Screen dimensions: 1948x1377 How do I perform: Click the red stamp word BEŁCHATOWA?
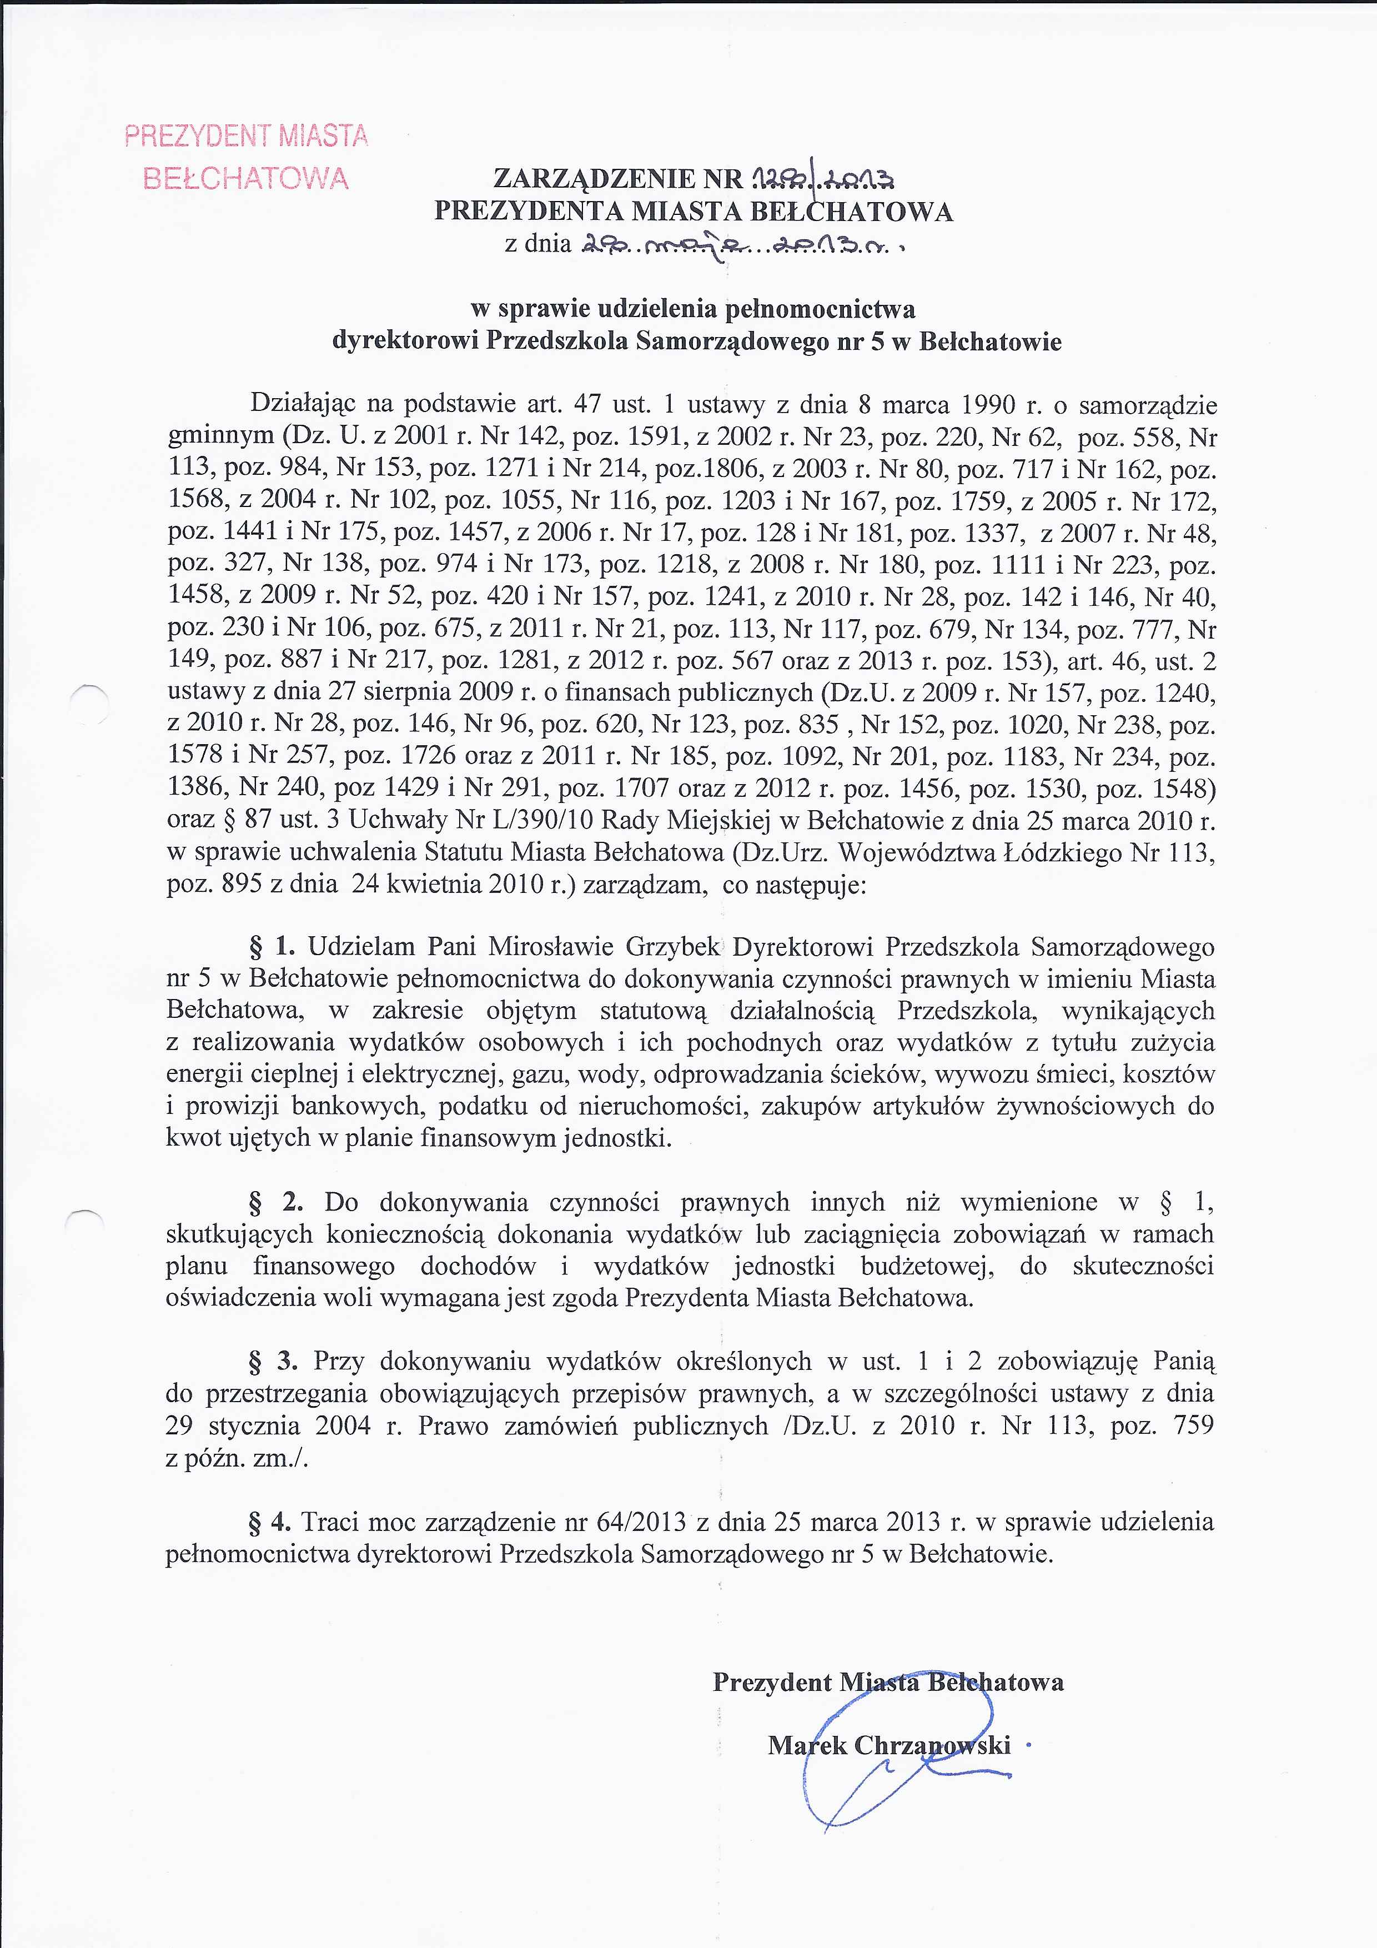click(x=246, y=178)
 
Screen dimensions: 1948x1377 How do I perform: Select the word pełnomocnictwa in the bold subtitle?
click(x=820, y=309)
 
